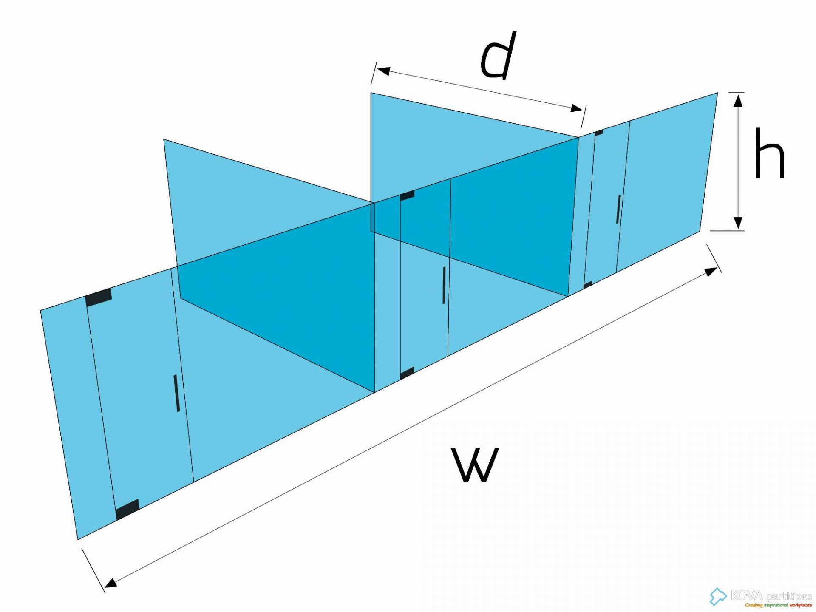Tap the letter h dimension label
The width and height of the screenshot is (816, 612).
point(769,153)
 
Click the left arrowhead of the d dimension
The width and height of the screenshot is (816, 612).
point(383,71)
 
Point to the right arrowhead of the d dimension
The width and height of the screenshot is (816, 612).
point(577,108)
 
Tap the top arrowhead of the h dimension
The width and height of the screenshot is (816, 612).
point(739,100)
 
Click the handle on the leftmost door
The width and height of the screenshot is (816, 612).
point(176,393)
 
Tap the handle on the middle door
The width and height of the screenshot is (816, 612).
point(444,285)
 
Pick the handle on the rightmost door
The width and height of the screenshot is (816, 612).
point(618,209)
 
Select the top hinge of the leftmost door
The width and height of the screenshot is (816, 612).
point(99,297)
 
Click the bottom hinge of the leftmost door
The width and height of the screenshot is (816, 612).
point(127,509)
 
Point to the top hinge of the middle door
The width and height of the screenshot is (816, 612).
point(407,195)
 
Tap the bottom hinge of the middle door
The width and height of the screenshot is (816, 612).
point(407,374)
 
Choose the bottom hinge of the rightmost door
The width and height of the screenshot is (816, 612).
point(587,285)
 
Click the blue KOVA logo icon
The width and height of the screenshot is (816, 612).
point(718,596)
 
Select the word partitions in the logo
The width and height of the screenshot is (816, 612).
point(789,596)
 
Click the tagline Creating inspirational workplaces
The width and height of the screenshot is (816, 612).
point(778,605)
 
